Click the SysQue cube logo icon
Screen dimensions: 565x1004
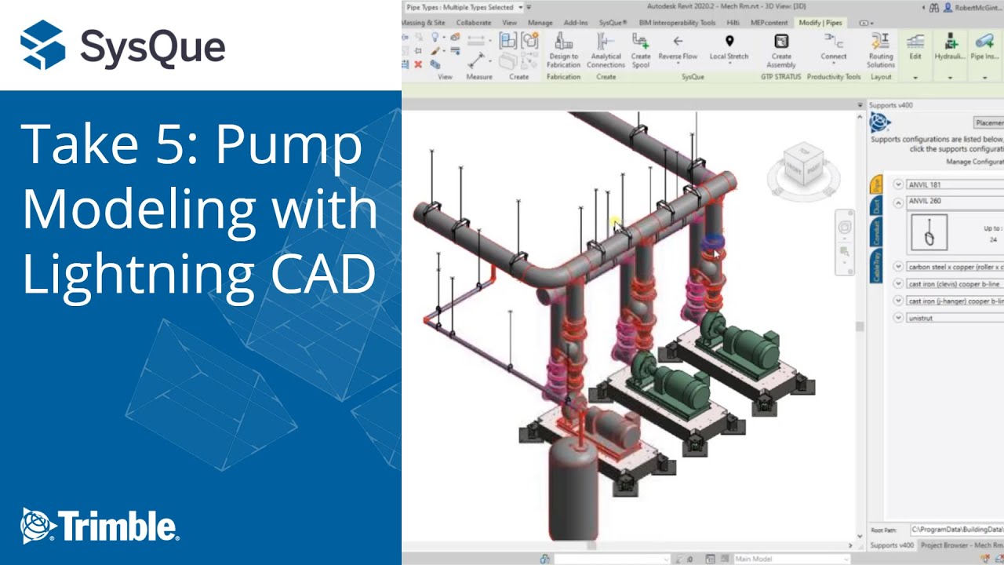click(x=42, y=45)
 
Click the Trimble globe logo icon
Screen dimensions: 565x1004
click(x=37, y=525)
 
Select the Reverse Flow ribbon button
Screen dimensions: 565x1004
click(x=678, y=49)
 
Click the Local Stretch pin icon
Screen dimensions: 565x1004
click(x=729, y=42)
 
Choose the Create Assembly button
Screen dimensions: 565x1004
click(x=781, y=49)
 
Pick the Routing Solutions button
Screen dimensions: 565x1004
click(x=880, y=49)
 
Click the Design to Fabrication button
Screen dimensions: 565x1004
click(x=563, y=49)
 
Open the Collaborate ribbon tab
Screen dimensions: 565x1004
click(x=473, y=23)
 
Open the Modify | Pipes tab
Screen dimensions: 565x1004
click(x=820, y=23)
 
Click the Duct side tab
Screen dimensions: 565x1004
click(x=876, y=206)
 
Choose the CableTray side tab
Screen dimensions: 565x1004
click(x=876, y=266)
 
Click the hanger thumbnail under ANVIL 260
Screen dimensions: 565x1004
click(x=929, y=233)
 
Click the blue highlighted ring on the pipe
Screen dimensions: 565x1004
click(x=712, y=242)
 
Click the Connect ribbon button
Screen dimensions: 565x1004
click(x=833, y=49)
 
